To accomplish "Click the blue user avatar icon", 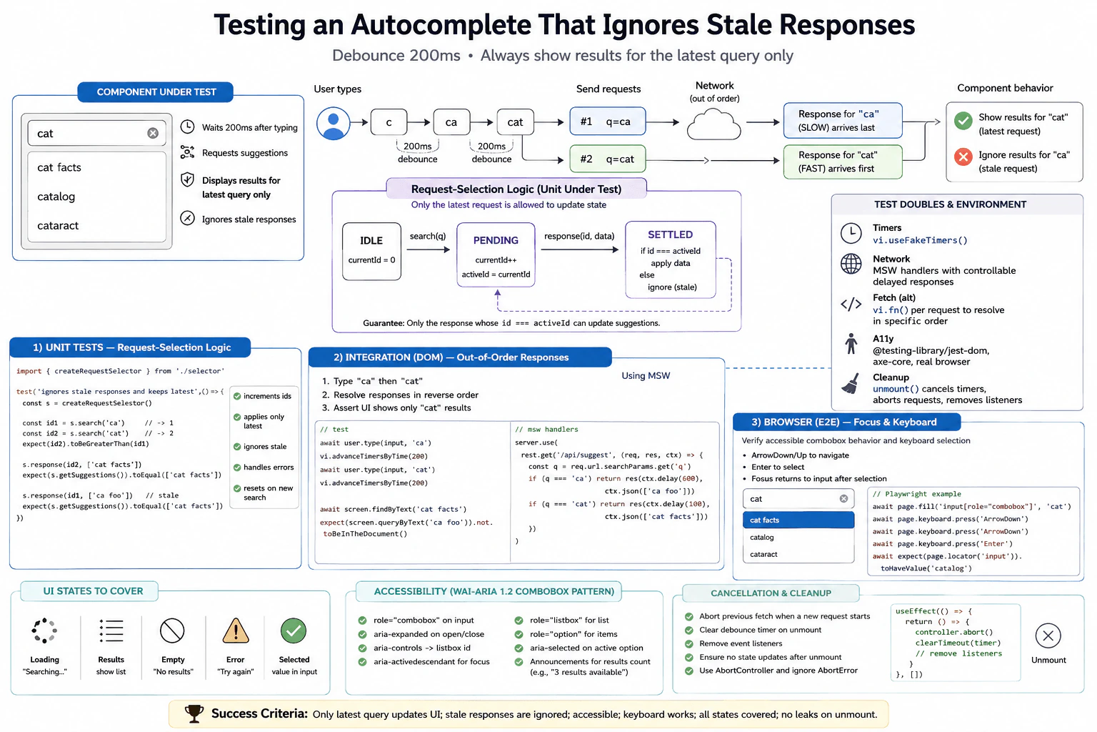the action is (333, 124).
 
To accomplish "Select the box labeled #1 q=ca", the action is (607, 121).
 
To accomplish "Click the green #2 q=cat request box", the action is (607, 159).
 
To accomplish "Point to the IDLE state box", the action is (371, 251).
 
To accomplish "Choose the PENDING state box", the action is (496, 254).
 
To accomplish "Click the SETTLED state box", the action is (671, 260).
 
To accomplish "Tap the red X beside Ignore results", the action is (963, 157).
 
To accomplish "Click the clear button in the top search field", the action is (153, 134).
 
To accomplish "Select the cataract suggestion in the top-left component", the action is (58, 225).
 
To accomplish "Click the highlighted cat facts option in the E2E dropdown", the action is (798, 520).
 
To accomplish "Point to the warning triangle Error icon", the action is (236, 630).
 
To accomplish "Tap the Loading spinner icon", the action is (44, 630).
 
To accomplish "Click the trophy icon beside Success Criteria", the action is (194, 714).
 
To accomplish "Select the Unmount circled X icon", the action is (1048, 636).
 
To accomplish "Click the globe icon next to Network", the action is (851, 264).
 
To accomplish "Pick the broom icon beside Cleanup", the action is (851, 383).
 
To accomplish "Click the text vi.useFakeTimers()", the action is (920, 240).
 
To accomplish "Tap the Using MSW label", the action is (646, 375).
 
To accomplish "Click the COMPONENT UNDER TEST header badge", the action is (156, 92).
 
